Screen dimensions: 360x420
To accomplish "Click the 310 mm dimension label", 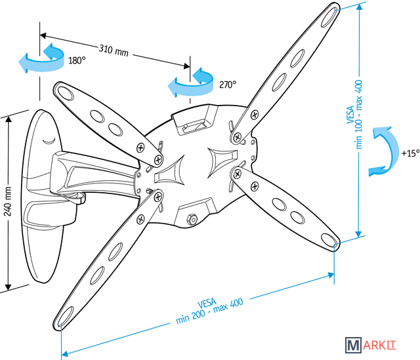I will click(114, 50).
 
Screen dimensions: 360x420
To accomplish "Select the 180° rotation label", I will click(77, 60).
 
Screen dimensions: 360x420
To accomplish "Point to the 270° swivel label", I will click(228, 84).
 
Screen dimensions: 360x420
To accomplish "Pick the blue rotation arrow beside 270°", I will click(192, 81).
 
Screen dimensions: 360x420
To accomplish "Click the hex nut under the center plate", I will click(192, 218).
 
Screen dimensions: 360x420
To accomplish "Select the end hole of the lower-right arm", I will click(327, 238).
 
